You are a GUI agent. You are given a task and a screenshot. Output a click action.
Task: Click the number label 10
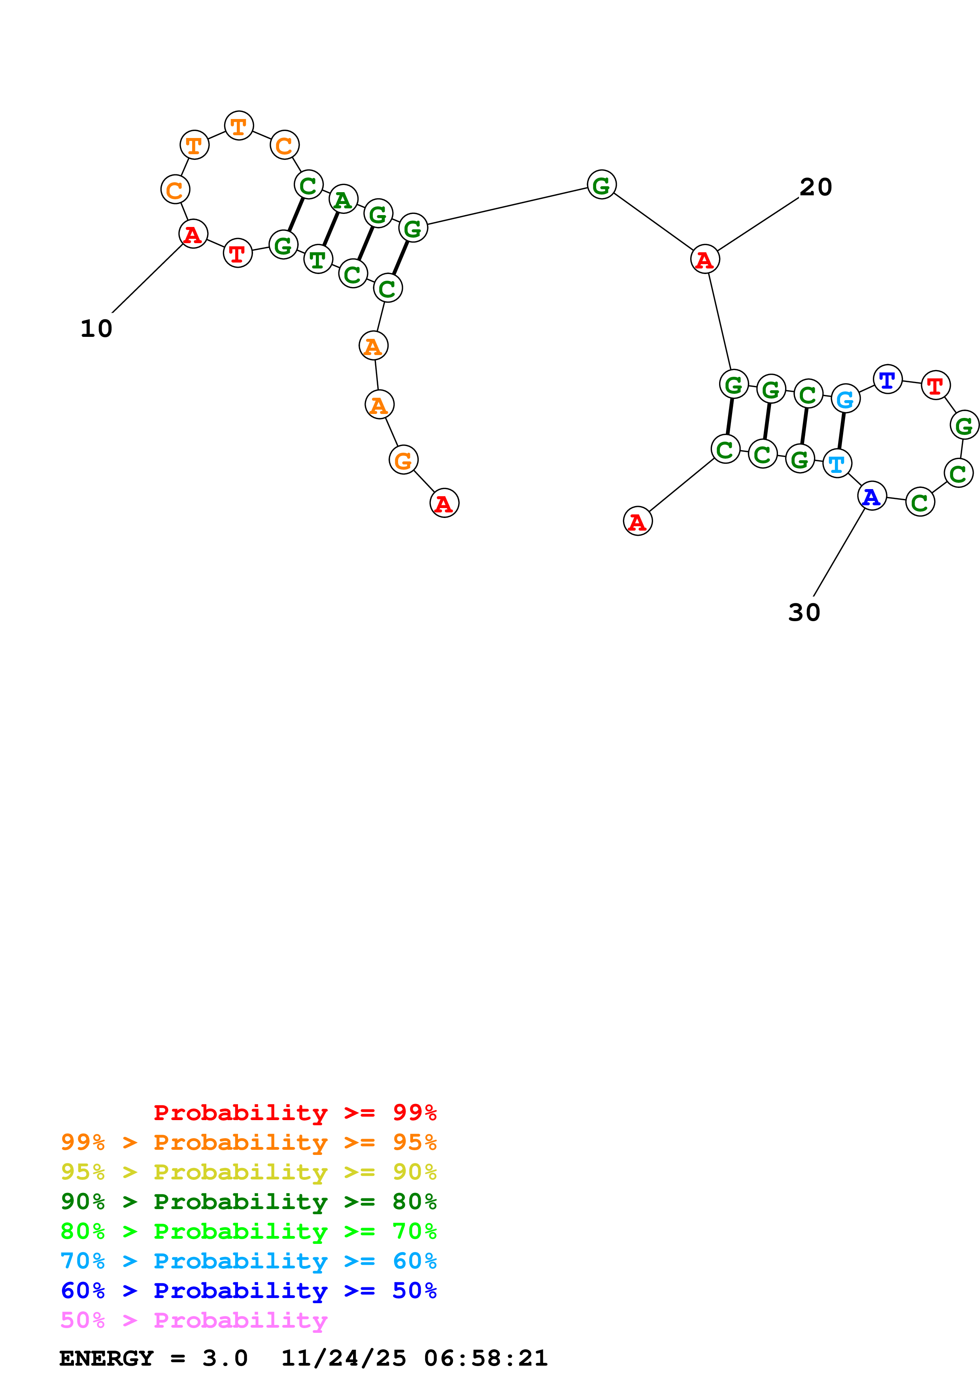[96, 329]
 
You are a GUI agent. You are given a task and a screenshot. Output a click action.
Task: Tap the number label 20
[816, 187]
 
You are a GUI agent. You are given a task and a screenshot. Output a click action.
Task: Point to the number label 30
[804, 612]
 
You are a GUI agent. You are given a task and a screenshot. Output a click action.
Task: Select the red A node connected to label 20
[704, 259]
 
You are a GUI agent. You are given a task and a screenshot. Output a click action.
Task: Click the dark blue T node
[887, 380]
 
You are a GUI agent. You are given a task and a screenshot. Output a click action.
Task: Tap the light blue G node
[845, 398]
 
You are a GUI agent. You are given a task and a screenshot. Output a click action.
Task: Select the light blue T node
[837, 463]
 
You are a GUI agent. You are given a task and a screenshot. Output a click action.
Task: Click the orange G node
[403, 460]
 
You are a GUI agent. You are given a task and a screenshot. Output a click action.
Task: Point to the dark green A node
[343, 199]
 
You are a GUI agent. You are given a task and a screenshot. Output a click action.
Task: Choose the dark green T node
[318, 259]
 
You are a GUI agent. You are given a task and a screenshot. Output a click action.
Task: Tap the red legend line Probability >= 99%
[295, 1112]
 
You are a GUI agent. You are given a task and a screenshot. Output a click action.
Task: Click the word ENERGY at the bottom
[106, 1358]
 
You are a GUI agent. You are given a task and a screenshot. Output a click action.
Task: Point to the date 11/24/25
[344, 1358]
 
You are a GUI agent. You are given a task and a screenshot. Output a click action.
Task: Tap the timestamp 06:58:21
[485, 1358]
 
